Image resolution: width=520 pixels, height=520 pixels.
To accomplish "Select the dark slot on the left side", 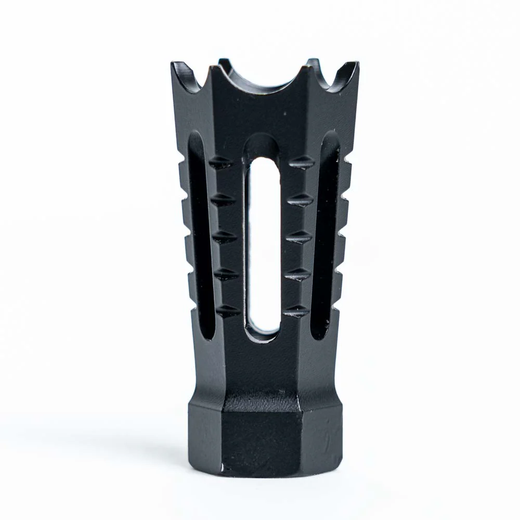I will [x=200, y=234].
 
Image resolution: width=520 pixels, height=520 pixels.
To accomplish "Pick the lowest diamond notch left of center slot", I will [x=228, y=311].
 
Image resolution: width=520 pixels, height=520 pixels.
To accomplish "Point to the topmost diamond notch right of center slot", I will [x=302, y=163].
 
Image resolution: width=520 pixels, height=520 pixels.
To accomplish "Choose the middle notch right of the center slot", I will [x=299, y=237].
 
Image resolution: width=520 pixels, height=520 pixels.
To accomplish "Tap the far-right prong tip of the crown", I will [x=357, y=63].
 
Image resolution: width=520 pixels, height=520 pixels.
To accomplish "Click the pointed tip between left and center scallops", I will [x=212, y=67].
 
